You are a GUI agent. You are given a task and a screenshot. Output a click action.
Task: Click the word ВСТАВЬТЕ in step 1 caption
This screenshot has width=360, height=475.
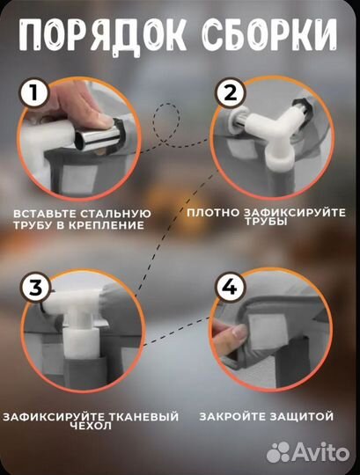click(x=45, y=214)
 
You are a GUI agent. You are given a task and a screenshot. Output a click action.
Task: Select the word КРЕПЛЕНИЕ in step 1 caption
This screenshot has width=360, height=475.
click(x=109, y=225)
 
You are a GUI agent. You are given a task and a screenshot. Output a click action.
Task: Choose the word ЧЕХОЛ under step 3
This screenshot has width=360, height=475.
click(x=92, y=427)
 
